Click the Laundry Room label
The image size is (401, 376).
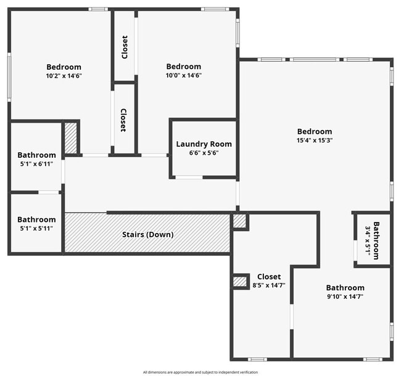204,144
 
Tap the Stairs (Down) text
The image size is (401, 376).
147,234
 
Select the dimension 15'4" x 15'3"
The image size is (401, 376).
315,140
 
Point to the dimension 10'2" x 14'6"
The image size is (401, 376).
64,76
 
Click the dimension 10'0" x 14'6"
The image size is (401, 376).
183,76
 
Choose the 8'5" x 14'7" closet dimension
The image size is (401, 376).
268,285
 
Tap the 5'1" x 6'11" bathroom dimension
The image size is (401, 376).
36,164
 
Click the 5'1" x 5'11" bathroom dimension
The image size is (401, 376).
36,228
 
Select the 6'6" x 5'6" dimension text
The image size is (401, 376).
204,153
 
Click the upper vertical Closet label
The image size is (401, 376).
125,47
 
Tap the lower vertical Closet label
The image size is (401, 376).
123,120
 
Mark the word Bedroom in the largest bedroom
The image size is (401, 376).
315,131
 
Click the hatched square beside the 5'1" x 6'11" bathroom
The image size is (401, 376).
71,138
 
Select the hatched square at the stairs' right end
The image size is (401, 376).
239,221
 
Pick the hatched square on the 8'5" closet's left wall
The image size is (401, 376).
239,282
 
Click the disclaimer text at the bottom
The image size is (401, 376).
200,372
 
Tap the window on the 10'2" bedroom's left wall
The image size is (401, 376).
9,76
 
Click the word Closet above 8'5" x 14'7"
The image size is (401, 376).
268,277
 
